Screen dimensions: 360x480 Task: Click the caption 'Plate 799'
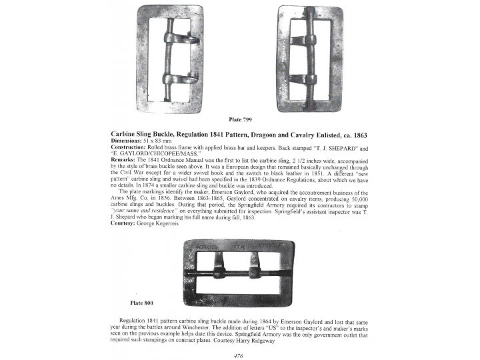pos(240,119)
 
